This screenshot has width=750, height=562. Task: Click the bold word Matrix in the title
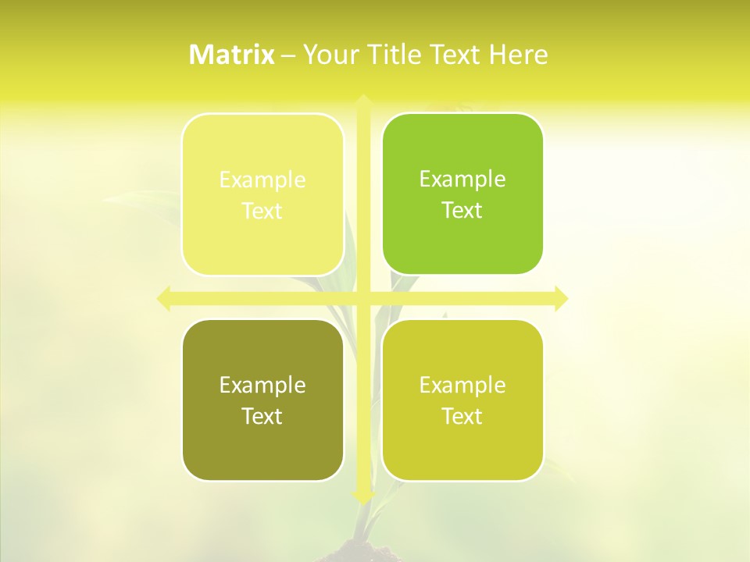(x=232, y=55)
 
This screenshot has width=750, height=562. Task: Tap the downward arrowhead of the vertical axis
(x=362, y=496)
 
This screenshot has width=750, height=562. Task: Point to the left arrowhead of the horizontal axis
(x=164, y=298)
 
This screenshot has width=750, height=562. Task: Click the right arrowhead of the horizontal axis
(x=561, y=298)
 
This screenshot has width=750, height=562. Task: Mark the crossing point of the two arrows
(x=362, y=298)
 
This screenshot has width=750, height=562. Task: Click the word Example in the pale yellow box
(x=262, y=180)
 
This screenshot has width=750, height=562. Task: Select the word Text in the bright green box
(x=462, y=211)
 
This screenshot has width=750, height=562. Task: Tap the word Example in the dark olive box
(x=262, y=386)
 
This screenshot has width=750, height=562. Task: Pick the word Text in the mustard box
(x=462, y=417)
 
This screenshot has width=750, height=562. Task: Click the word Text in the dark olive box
(x=262, y=417)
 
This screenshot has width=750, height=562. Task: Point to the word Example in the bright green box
(x=462, y=180)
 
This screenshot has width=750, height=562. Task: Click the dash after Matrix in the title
(x=288, y=55)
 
